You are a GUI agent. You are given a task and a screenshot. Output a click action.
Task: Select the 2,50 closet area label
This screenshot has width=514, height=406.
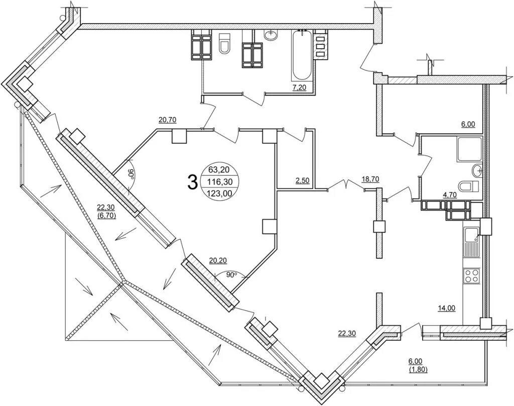coord(302,180)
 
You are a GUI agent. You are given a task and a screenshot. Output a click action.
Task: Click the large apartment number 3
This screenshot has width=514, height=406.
coord(192,181)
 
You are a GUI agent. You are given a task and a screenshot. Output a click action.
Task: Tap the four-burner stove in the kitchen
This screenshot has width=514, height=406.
coord(471,275)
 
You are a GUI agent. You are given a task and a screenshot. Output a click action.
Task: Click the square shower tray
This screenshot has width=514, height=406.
coord(469,149)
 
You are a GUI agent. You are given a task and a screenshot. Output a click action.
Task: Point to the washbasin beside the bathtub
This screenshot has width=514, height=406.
coord(271,35)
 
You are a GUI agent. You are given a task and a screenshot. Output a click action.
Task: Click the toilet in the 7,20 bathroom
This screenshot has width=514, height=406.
coord(224,44)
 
